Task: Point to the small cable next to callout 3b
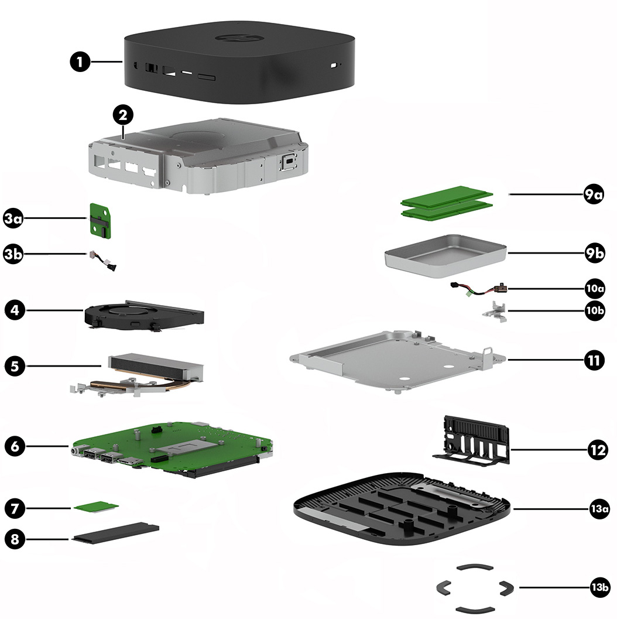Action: (x=101, y=261)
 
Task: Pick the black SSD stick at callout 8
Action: (x=116, y=533)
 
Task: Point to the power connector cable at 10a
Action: (x=477, y=289)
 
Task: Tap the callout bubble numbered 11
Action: (x=594, y=360)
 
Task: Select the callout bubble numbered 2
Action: (x=122, y=115)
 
